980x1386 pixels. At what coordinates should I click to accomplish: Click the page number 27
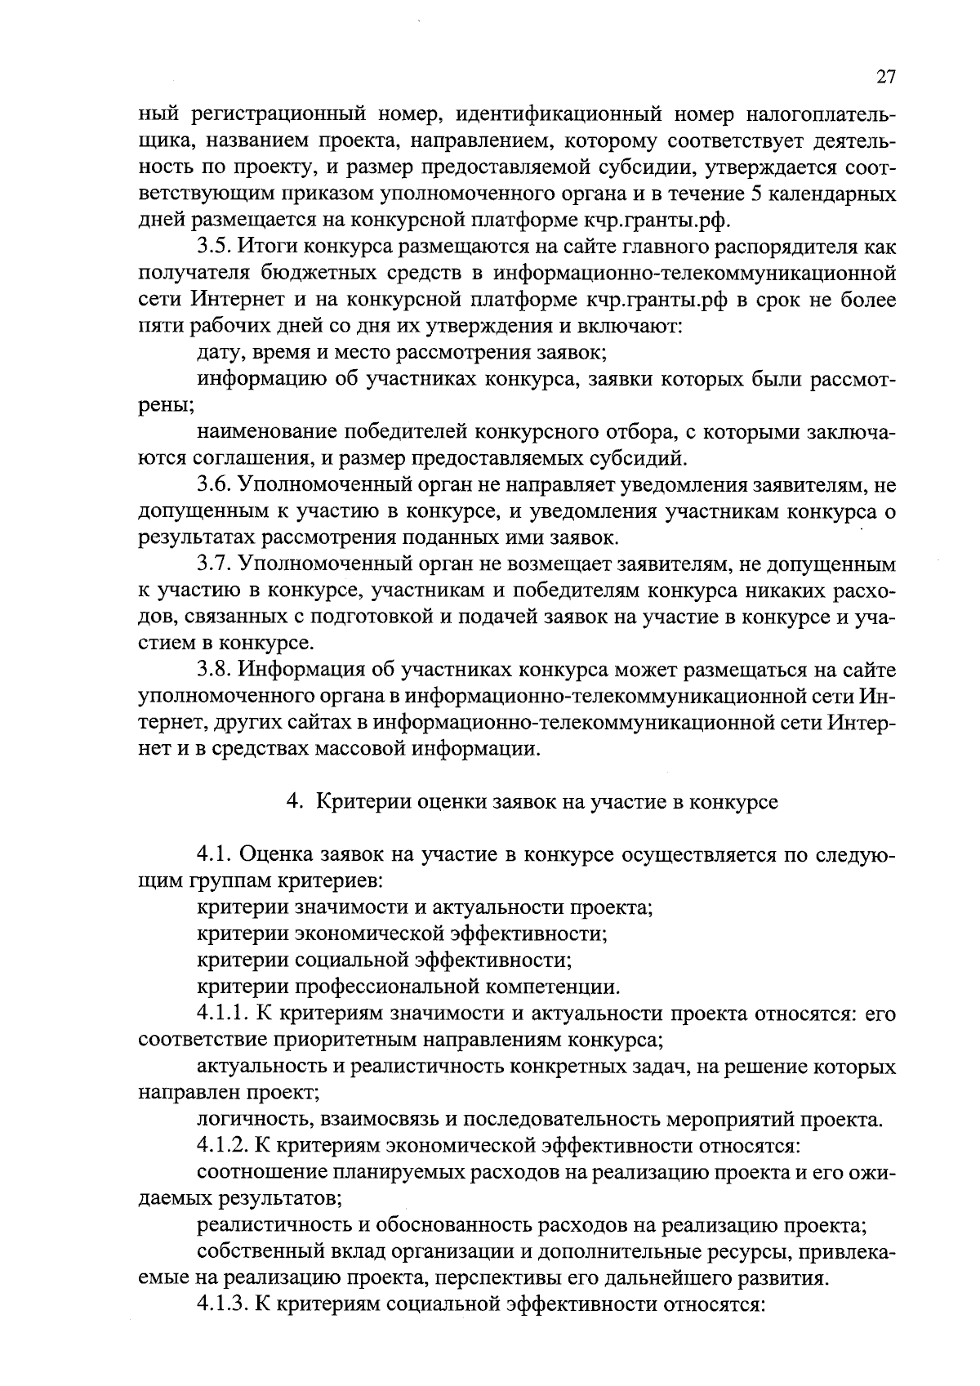[886, 78]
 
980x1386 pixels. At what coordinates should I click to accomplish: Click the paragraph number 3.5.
[214, 247]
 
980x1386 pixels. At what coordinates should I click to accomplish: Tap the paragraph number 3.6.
[214, 485]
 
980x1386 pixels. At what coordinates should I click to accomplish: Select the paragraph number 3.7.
[214, 565]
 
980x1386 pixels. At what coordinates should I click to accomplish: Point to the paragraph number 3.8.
[214, 671]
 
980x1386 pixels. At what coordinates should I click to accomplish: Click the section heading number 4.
[292, 802]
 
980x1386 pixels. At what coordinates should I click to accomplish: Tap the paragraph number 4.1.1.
[222, 1014]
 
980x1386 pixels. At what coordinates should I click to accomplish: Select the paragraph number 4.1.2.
[222, 1147]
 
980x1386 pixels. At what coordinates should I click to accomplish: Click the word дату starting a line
[219, 354]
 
